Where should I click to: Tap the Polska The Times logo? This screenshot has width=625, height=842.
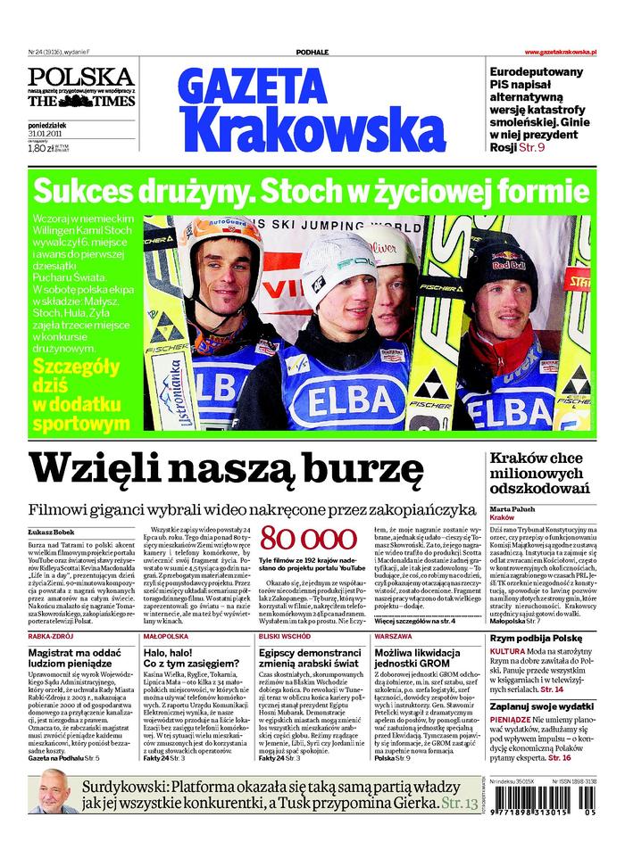80,88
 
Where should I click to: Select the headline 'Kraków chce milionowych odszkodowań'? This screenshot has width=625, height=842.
539,473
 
